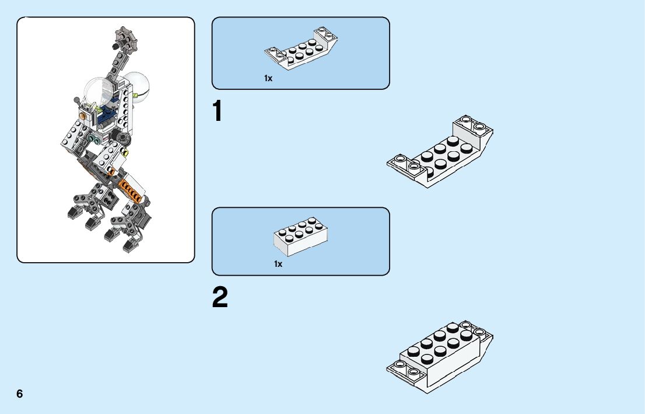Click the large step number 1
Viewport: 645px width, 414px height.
[x=218, y=112]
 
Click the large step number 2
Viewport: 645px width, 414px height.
[x=220, y=298]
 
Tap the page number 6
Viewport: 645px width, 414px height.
[x=20, y=394]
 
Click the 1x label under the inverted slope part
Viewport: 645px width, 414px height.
[x=268, y=78]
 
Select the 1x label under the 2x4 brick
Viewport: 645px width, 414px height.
[x=278, y=264]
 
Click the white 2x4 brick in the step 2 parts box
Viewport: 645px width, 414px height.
[x=300, y=237]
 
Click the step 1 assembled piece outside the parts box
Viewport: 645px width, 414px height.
[x=440, y=152]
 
